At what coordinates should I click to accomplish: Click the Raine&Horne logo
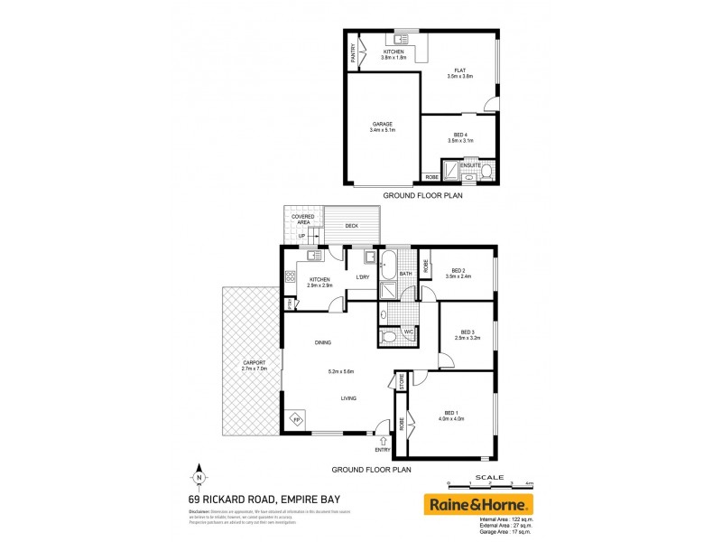pyautogui.click(x=478, y=504)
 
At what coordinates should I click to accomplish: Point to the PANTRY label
pyautogui.click(x=354, y=54)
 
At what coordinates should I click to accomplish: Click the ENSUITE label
pyautogui.click(x=470, y=165)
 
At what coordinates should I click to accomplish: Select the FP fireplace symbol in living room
pyautogui.click(x=295, y=420)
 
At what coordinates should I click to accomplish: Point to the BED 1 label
pyautogui.click(x=454, y=414)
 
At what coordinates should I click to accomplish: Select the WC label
pyautogui.click(x=407, y=332)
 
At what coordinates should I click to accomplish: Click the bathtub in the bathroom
pyautogui.click(x=388, y=266)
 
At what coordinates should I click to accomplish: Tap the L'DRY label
pyautogui.click(x=363, y=277)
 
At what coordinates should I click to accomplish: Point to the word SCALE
pyautogui.click(x=489, y=477)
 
